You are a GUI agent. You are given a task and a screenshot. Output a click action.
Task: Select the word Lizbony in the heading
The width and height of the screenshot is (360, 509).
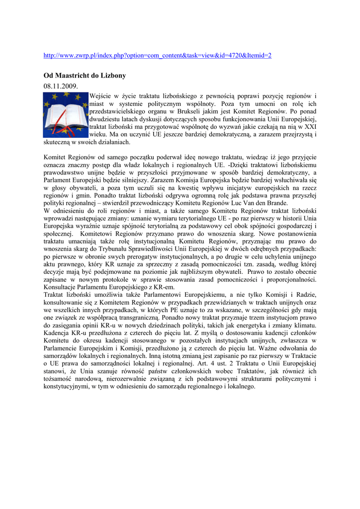click(x=112, y=76)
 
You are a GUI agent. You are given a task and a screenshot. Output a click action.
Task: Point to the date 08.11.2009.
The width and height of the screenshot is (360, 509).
click(x=61, y=86)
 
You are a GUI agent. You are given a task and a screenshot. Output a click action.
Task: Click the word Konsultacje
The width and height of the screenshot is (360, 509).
click(x=62, y=287)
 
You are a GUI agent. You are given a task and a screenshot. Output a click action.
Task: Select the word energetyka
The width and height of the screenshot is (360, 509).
click(x=245, y=325)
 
